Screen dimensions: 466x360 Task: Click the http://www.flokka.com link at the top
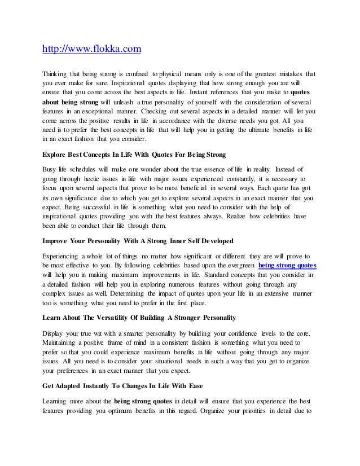(x=92, y=49)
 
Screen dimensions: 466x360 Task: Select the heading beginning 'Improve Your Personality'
(x=138, y=241)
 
